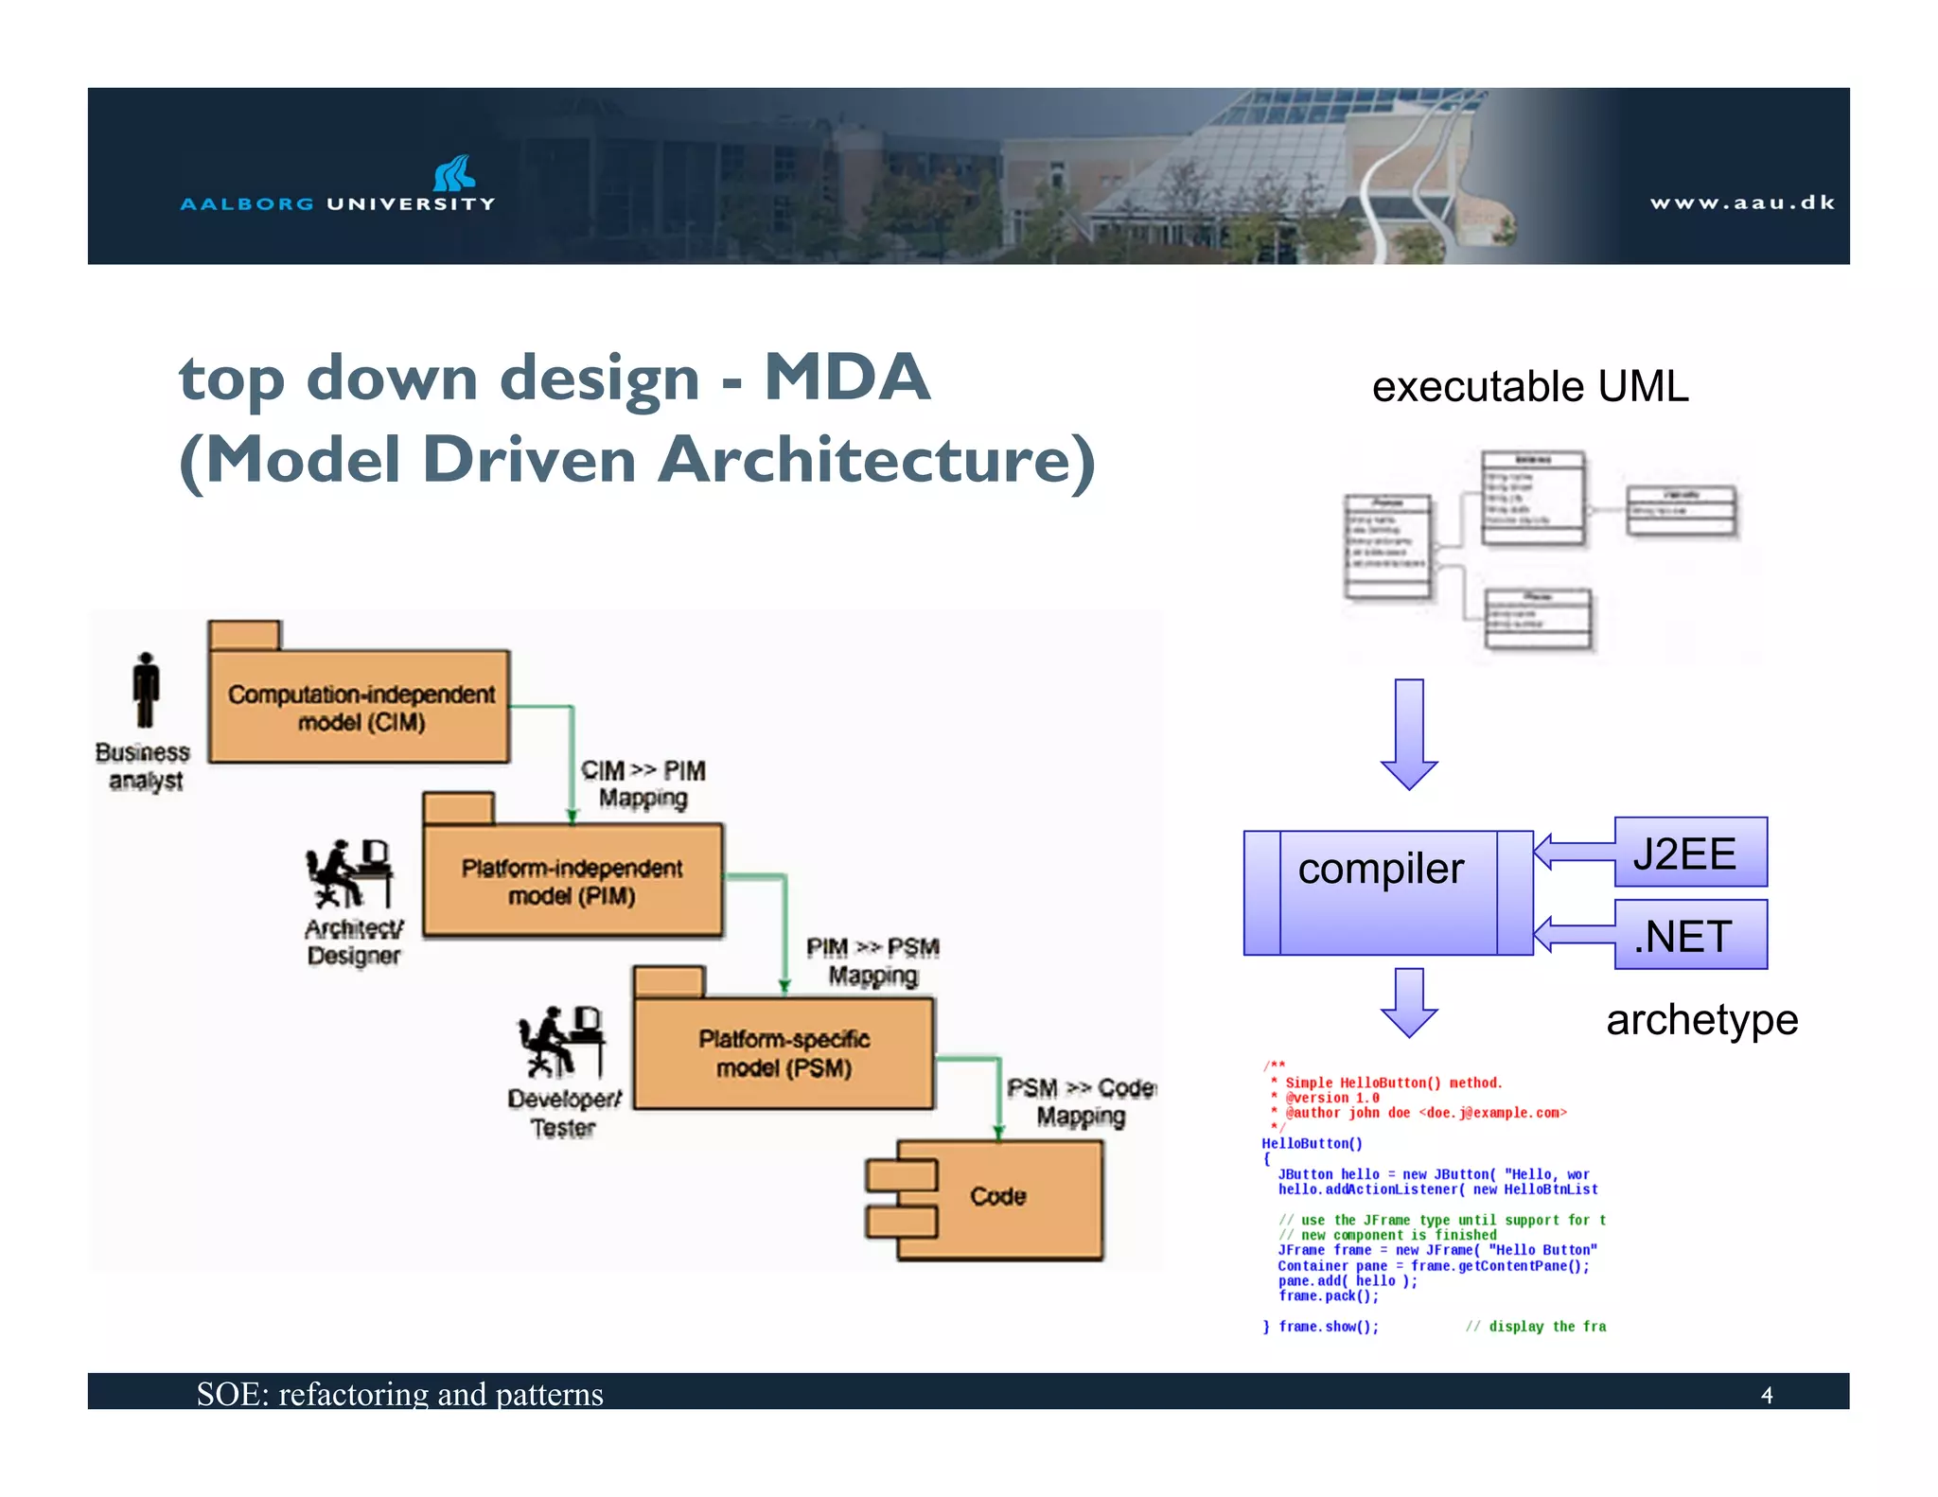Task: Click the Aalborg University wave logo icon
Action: click(453, 173)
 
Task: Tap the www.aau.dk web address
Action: click(1742, 203)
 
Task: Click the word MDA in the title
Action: click(847, 378)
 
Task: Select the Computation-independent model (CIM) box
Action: click(360, 707)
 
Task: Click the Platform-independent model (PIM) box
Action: click(572, 881)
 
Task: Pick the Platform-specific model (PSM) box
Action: click(784, 1053)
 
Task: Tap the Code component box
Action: click(997, 1197)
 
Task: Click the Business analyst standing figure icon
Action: click(146, 690)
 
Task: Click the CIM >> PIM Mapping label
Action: click(643, 784)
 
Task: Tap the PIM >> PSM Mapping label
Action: click(872, 960)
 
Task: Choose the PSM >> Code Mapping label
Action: click(1081, 1101)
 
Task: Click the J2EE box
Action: click(1689, 854)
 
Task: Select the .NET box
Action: click(1689, 936)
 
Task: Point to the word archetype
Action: click(1700, 1020)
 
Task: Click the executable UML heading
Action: click(1529, 387)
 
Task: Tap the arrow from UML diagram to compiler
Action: click(1408, 733)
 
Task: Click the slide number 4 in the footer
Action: click(1766, 1395)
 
